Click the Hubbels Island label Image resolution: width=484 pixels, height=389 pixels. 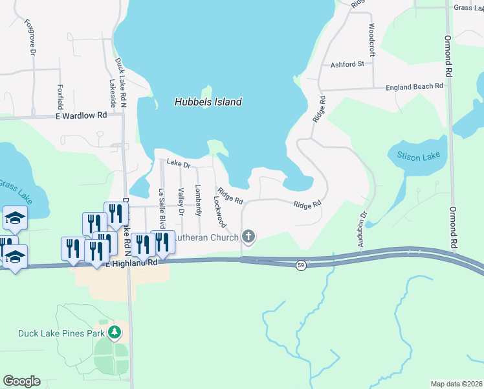[x=208, y=102]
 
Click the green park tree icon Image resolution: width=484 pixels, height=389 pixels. [x=115, y=333]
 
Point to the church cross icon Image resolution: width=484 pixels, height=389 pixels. [x=247, y=237]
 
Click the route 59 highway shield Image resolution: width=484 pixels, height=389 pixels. [x=301, y=265]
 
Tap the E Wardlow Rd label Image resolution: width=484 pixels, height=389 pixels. [x=80, y=115]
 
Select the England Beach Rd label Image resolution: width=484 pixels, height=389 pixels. [x=414, y=86]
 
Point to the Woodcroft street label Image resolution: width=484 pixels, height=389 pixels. [x=371, y=40]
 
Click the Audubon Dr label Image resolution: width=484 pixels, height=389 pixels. [x=362, y=228]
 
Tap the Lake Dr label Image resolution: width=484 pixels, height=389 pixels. [x=178, y=164]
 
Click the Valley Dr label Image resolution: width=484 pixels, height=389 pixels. [x=181, y=202]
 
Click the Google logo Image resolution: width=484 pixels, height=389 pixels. [x=21, y=381]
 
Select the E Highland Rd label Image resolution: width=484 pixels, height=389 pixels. [x=135, y=263]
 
